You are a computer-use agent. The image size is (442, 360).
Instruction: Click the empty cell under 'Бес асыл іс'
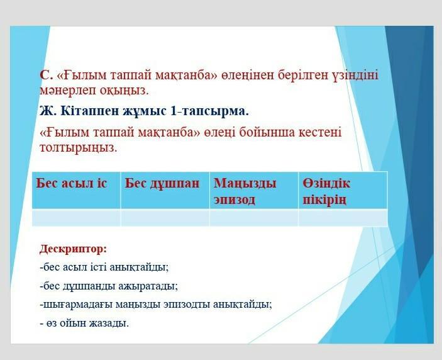coord(76,218)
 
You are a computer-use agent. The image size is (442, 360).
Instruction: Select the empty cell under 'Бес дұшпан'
coord(165,218)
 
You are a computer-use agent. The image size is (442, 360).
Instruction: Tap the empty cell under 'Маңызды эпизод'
coord(254,218)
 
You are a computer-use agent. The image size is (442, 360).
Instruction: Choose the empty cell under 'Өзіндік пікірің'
coord(343,218)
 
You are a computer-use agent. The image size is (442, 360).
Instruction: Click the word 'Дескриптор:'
coord(74,249)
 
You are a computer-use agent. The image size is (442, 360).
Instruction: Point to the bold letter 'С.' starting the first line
coord(47,76)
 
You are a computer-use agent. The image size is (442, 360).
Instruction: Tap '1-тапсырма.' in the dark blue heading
coord(209,111)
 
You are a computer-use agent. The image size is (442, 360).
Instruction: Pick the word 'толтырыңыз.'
coord(79,148)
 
